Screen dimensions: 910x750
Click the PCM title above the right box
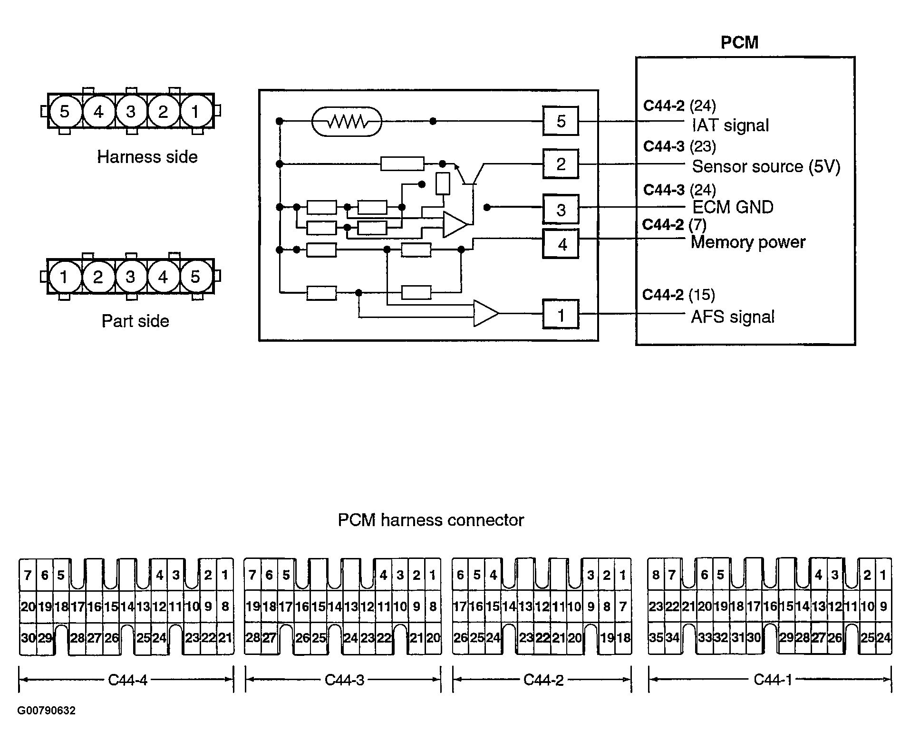coord(739,42)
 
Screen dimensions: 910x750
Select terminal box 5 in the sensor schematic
coord(561,121)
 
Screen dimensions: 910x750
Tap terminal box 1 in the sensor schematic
coord(561,314)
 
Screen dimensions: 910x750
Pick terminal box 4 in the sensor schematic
coord(561,244)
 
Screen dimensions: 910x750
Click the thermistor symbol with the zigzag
coord(347,122)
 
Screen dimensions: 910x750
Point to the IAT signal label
coord(730,125)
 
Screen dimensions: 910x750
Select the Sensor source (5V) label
coord(766,166)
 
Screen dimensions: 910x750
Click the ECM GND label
coord(733,207)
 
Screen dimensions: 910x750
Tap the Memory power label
coord(748,242)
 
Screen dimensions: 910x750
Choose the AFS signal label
coord(733,317)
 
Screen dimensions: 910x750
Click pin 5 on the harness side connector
coord(65,112)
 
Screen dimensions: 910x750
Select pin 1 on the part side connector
coord(65,277)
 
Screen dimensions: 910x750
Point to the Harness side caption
coord(147,157)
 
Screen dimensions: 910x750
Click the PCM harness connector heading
coord(431,520)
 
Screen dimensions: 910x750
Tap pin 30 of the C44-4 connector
coord(28,638)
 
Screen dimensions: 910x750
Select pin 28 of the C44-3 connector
coord(253,638)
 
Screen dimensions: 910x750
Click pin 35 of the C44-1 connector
coord(656,638)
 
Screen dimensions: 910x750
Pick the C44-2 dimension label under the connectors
coord(543,680)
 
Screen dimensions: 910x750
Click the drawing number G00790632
coord(47,711)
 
